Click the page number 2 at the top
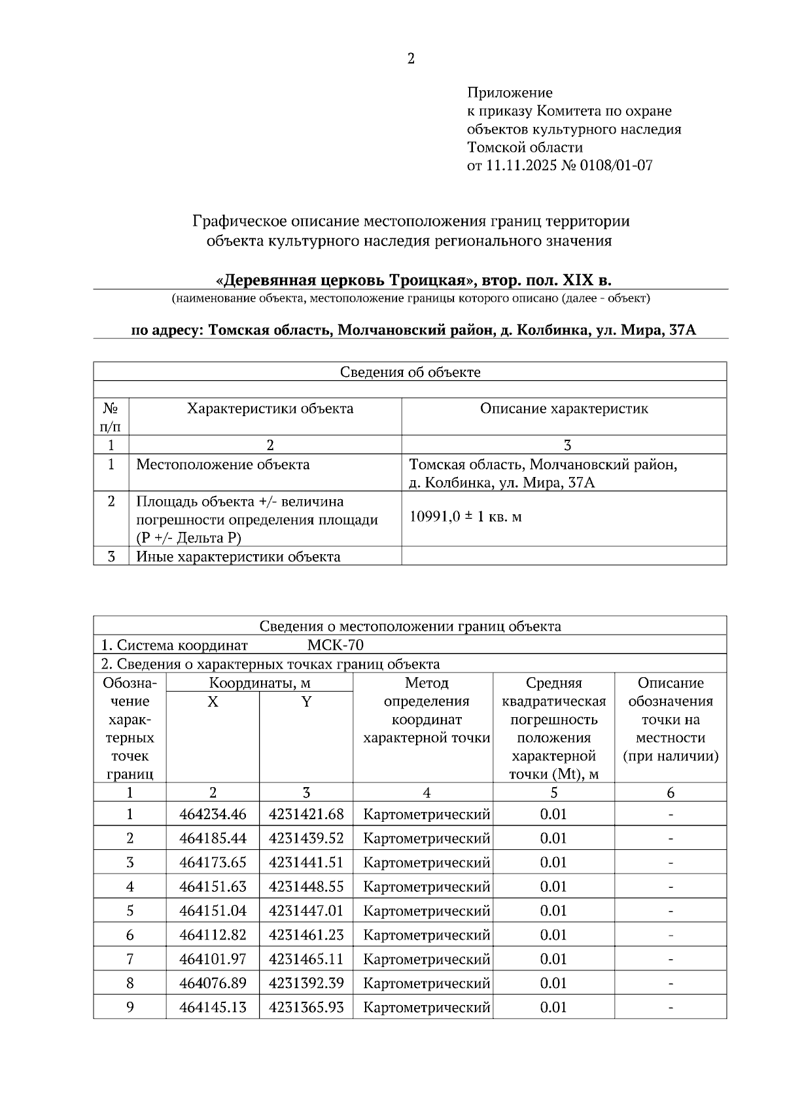pos(411,59)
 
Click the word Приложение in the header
pos(510,93)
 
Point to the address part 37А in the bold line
pos(682,330)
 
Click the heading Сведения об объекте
pos(410,372)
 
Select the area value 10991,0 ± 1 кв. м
pos(465,517)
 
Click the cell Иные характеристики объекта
pos(238,557)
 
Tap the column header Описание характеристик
pos(564,409)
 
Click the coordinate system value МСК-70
pos(335,646)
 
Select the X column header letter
pos(213,701)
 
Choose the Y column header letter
pos(306,701)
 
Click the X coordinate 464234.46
pos(213,815)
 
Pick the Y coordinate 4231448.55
pos(306,887)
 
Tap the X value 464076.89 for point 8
pos(213,983)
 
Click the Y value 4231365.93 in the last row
pos(306,1008)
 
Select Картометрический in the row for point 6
pos(427,936)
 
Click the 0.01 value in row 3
pos(553,863)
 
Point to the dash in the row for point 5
pos(671,911)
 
